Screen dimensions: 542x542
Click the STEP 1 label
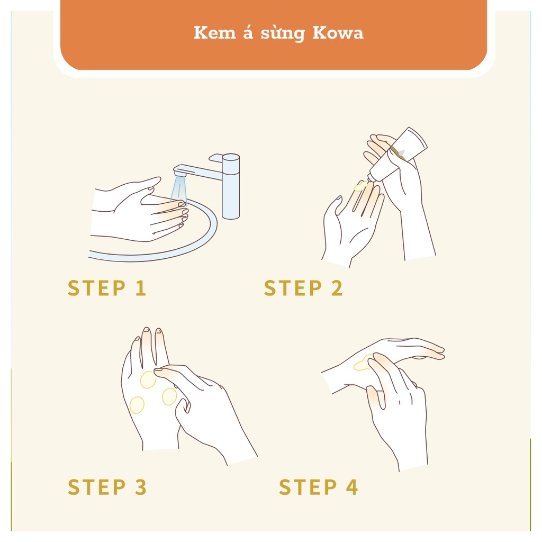click(107, 288)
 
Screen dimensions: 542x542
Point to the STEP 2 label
click(303, 288)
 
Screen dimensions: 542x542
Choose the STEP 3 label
click(107, 487)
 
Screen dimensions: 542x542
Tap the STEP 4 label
click(318, 487)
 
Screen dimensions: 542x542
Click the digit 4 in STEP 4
click(351, 487)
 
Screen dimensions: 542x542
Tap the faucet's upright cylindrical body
click(231, 187)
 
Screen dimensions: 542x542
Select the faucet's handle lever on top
click(216, 158)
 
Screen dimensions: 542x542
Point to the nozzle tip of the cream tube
click(369, 178)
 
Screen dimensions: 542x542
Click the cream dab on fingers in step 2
click(360, 186)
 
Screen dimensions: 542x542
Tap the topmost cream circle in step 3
click(148, 380)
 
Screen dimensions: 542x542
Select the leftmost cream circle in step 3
click(137, 405)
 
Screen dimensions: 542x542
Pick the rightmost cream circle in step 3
click(169, 396)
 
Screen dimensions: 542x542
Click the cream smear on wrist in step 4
click(363, 363)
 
